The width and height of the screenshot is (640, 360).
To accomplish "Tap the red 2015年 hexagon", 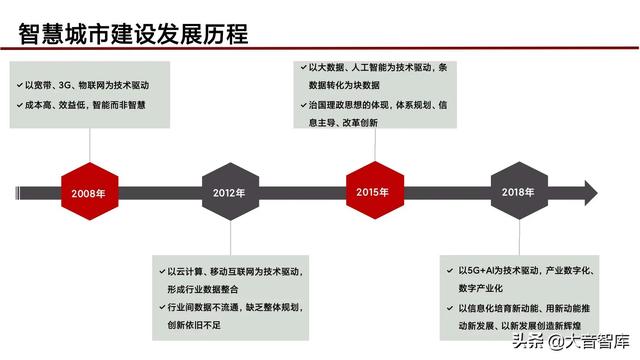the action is [373, 192].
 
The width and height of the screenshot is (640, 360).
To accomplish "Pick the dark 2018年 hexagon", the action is [518, 192].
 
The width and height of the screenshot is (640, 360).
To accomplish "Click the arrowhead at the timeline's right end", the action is [590, 191].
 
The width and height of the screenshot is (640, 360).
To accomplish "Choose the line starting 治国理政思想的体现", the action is [380, 104].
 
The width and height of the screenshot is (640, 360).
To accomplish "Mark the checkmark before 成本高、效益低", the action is [19, 106].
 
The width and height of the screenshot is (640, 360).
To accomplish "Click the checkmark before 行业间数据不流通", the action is [160, 308].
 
